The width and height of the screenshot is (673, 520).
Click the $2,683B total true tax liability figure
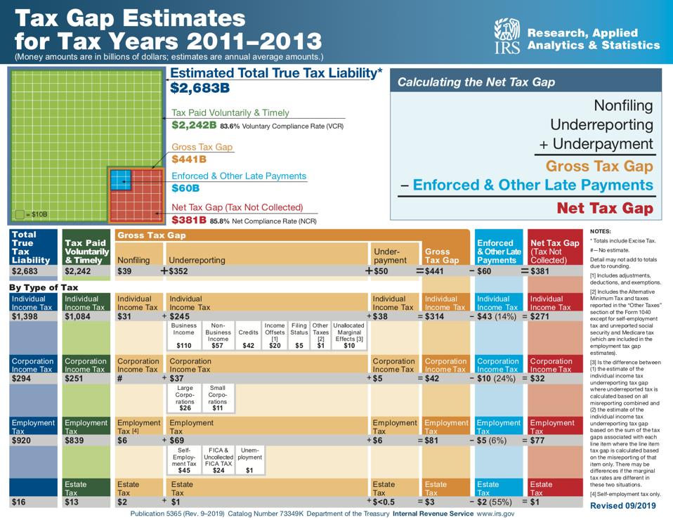200,88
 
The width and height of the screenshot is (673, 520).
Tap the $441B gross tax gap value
189,160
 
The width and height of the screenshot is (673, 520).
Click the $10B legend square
19,214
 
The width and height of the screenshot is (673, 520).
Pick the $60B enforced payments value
185,188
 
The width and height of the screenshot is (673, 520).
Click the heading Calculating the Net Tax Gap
476,82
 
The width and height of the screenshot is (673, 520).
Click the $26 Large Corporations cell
185,398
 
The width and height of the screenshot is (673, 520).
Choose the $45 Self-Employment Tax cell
184,460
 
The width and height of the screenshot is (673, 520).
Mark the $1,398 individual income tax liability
26,317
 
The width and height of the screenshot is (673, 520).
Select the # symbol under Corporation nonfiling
120,379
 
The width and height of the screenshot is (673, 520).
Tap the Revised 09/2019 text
622,506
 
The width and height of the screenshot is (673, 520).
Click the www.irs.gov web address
495,514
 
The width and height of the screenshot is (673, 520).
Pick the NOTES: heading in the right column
601,231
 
